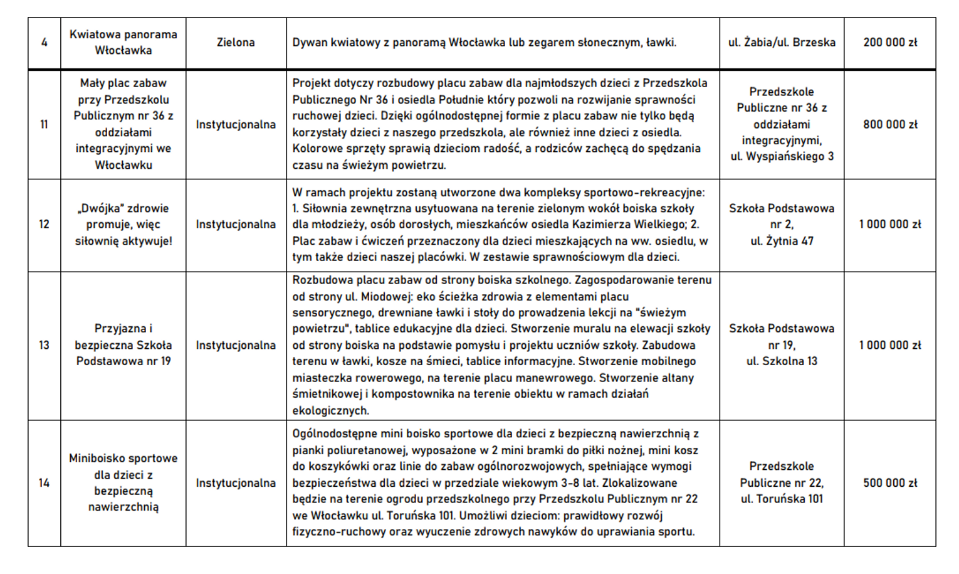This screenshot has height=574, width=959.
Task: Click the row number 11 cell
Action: tap(44, 124)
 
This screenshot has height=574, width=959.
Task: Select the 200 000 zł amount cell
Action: tap(889, 43)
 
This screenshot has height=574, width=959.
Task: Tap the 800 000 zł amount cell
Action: tap(889, 124)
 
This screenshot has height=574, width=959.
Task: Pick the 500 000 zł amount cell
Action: tap(889, 483)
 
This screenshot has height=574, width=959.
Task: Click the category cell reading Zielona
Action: tap(236, 43)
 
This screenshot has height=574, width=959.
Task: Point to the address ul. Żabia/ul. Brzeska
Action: tap(782, 43)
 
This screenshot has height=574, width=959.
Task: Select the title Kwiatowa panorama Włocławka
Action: tap(123, 43)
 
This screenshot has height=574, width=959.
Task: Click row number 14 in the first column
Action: tap(44, 483)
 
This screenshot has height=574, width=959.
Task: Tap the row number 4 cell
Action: tap(44, 43)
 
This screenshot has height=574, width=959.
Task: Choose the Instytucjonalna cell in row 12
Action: tap(236, 225)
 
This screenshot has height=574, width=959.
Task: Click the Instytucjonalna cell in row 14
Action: tap(236, 483)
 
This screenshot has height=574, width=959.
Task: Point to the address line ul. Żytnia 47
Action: tap(782, 241)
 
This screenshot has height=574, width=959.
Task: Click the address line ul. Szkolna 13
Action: tap(782, 361)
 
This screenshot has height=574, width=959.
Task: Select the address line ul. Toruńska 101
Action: tap(782, 499)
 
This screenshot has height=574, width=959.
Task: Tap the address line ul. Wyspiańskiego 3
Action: tap(782, 157)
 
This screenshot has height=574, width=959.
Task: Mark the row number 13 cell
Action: tap(44, 345)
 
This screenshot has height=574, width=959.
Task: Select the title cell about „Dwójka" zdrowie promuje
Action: tap(123, 225)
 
